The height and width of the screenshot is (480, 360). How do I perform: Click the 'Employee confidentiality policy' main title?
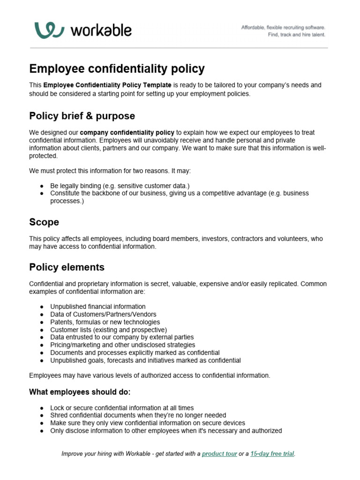pyautogui.click(x=117, y=69)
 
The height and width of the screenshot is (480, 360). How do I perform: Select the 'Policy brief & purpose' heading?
pyautogui.click(x=82, y=116)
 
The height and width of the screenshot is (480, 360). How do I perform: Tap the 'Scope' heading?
pyautogui.click(x=44, y=222)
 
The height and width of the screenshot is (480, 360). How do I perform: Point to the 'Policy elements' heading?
pyautogui.click(x=67, y=267)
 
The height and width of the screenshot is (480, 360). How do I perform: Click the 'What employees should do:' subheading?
pyautogui.click(x=80, y=391)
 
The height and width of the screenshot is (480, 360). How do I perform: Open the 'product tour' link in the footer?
pyautogui.click(x=219, y=454)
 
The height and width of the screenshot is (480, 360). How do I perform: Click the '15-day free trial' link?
pyautogui.click(x=272, y=454)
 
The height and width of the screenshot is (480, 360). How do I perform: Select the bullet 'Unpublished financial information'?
pyautogui.click(x=98, y=307)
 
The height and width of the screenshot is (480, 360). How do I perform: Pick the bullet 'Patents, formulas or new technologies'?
pyautogui.click(x=105, y=322)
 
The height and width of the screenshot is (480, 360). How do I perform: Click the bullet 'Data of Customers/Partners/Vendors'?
pyautogui.click(x=103, y=314)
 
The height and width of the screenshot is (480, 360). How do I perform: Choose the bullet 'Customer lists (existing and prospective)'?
pyautogui.click(x=108, y=330)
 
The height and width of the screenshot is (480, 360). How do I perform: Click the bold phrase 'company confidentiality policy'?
pyautogui.click(x=127, y=133)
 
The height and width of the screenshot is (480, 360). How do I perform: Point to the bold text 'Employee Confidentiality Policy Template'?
pyautogui.click(x=107, y=85)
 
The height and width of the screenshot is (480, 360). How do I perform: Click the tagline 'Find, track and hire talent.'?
pyautogui.click(x=296, y=35)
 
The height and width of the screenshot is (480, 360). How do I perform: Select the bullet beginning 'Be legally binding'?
pyautogui.click(x=120, y=186)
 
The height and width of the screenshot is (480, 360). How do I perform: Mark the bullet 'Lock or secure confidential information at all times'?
pyautogui.click(x=122, y=408)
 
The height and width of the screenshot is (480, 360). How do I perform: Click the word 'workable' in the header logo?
pyautogui.click(x=101, y=31)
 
